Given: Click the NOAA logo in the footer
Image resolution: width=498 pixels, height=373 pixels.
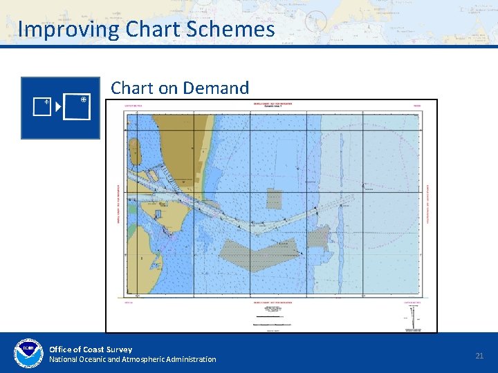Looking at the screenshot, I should coord(28,354).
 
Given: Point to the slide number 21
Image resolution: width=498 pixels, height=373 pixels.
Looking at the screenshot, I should coord(479,355).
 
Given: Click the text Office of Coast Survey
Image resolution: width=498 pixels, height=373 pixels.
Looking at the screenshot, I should coord(91,349).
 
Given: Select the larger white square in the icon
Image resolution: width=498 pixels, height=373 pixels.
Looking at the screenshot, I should coord(76,107).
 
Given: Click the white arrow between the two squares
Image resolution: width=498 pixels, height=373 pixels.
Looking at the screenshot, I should coord(58,107).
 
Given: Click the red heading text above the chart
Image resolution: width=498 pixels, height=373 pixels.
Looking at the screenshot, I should coord(272,106).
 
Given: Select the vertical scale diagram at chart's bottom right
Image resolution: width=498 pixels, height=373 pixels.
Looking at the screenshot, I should coord(412,317).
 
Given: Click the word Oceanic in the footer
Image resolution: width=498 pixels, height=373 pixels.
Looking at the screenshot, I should coord(97,359).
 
